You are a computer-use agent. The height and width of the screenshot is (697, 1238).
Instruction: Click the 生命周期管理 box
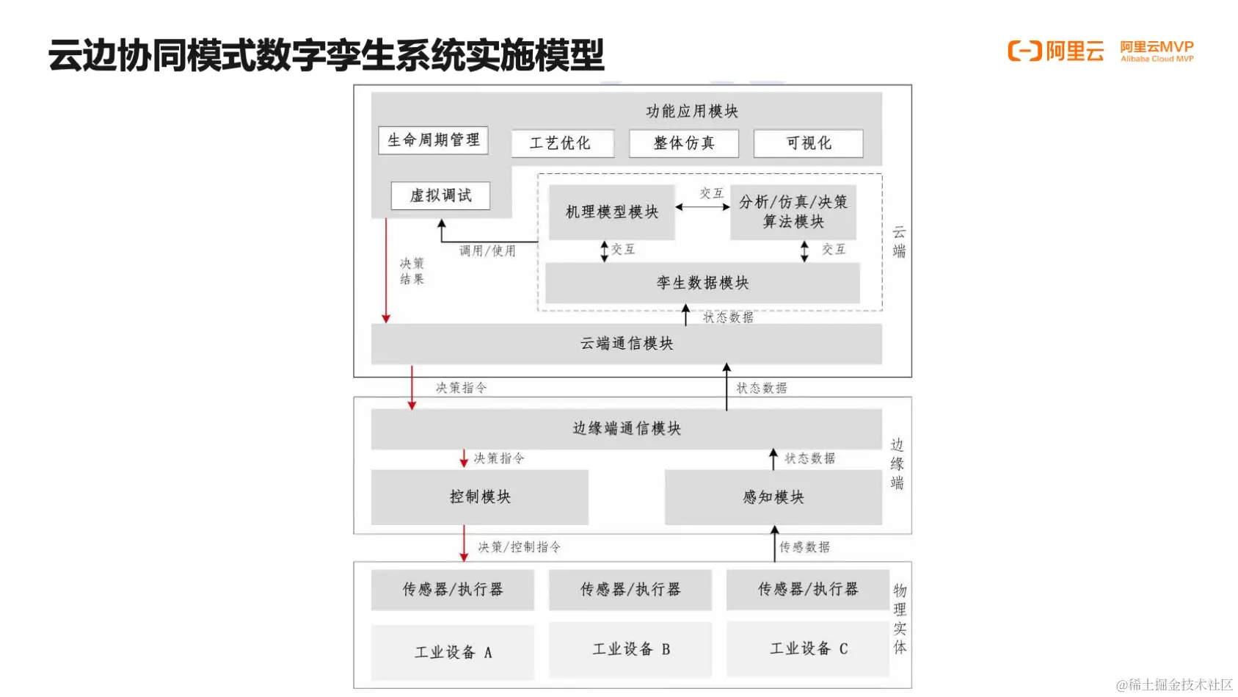coord(433,140)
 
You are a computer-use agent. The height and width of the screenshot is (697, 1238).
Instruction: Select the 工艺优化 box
coord(562,143)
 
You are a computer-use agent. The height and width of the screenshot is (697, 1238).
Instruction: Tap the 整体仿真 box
coord(683,143)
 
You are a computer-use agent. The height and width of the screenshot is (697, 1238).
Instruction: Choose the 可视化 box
coord(808,143)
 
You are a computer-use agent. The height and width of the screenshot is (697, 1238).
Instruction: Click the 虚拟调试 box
coord(440,196)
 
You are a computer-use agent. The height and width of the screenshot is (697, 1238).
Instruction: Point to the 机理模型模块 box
coord(611,212)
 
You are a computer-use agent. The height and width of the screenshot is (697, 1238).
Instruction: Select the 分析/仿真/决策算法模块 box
coord(793,212)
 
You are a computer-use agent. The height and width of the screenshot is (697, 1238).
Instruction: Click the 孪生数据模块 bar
coord(702,283)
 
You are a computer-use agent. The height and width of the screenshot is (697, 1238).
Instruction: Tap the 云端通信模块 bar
coord(626,344)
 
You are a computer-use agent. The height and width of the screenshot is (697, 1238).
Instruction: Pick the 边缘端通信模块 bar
coord(626,429)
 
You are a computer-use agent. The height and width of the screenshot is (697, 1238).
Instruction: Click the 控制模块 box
coord(479,497)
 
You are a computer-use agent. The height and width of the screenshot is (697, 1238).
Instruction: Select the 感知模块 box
coord(773,497)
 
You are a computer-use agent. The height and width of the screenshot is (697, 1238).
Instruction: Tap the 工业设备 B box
coord(630,649)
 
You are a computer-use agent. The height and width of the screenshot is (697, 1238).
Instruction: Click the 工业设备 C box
coord(808,649)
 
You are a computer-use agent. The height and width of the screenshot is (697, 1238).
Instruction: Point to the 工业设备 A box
coord(452,652)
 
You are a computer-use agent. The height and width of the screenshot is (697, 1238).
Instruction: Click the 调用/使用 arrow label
coord(487,251)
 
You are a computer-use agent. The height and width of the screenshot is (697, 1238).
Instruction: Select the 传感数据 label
coord(804,547)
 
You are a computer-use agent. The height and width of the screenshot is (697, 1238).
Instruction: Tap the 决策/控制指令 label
coord(520,547)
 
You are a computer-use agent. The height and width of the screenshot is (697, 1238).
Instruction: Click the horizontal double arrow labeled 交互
coord(702,207)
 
